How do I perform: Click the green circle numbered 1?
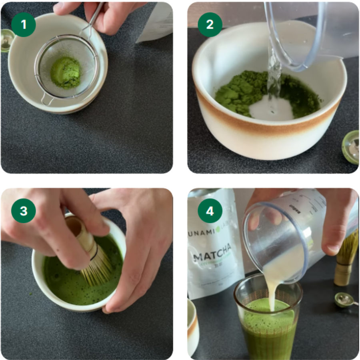coord(24,24)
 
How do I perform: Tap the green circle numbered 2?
coord(210,24)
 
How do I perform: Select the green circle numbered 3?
coord(24,211)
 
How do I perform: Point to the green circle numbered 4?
coord(210,211)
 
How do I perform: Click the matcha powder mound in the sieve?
coord(66,72)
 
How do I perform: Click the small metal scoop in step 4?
coord(343,300)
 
